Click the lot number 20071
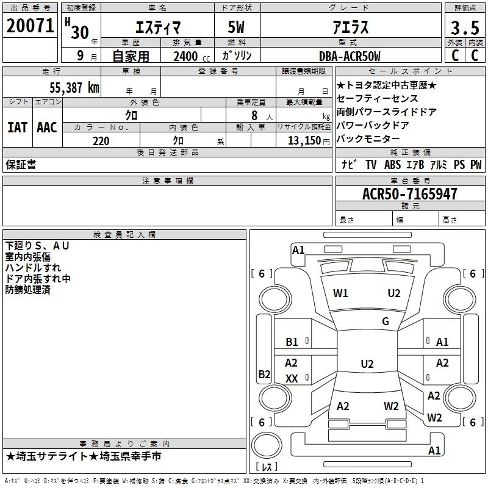[x=30, y=26]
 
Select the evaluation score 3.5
[x=464, y=28]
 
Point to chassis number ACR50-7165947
[x=409, y=194]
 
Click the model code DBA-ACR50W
[x=350, y=56]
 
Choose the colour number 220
[x=101, y=141]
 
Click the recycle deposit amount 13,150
[x=305, y=141]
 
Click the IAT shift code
[x=17, y=127]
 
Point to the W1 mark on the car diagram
[x=340, y=293]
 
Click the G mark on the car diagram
[x=386, y=321]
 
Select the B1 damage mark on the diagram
[x=292, y=342]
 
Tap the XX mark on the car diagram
[x=292, y=378]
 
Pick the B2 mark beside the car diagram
[x=264, y=374]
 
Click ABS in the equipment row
[x=393, y=165]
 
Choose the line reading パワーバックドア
[x=371, y=125]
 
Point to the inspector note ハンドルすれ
[x=33, y=267]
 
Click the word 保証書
[x=21, y=165]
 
